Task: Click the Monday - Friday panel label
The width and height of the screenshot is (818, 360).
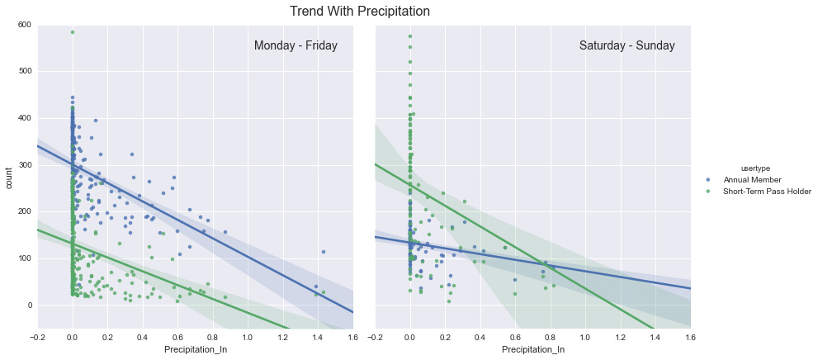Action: (x=296, y=46)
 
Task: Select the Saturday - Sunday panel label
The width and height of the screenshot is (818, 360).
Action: (x=627, y=46)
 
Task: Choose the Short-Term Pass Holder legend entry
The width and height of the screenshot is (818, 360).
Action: (x=767, y=192)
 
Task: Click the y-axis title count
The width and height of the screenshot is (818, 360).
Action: (x=9, y=177)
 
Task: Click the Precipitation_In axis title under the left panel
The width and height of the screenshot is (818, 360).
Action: (x=196, y=350)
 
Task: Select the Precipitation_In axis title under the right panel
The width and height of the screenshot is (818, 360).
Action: (x=533, y=350)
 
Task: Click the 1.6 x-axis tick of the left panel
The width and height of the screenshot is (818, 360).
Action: (x=352, y=337)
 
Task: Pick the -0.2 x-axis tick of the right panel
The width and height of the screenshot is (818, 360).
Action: (x=375, y=337)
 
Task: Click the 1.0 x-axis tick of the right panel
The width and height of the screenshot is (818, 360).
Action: (x=585, y=337)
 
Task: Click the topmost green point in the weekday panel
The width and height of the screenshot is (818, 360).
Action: (x=73, y=32)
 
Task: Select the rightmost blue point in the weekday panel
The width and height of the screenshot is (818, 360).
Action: (x=324, y=252)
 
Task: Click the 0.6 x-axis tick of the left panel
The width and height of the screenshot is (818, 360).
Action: (x=177, y=337)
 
